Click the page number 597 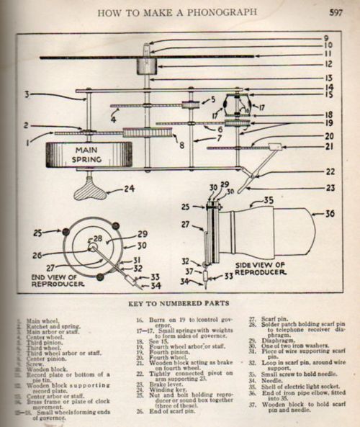(x=335, y=12)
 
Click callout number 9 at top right (x=325, y=37)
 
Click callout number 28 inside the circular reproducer (x=96, y=238)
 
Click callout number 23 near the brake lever (x=330, y=189)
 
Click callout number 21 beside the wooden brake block (x=329, y=147)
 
